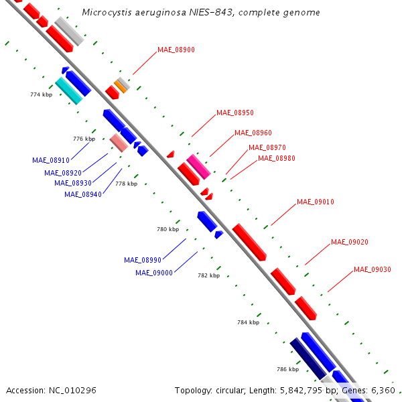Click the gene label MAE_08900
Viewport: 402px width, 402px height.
[x=176, y=50]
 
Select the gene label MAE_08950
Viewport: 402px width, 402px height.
[x=235, y=113]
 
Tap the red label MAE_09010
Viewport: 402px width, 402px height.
[x=316, y=202]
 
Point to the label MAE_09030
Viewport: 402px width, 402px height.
[x=373, y=269]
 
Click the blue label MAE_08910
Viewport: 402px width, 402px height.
[x=51, y=161]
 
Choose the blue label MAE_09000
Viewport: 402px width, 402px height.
[x=154, y=273]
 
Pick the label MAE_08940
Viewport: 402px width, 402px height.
[x=83, y=194]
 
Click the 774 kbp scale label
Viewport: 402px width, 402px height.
[x=42, y=94]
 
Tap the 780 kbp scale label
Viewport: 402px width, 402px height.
[x=168, y=229]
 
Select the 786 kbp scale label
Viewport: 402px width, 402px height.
[x=287, y=369]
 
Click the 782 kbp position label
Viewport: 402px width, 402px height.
[x=209, y=275]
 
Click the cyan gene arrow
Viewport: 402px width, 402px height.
[x=69, y=91]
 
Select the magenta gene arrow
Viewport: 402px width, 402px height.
[x=198, y=166]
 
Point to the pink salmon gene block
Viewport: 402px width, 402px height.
[x=119, y=143]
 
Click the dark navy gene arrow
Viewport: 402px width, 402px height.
[x=308, y=359]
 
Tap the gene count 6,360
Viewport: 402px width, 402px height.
[x=382, y=390]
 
